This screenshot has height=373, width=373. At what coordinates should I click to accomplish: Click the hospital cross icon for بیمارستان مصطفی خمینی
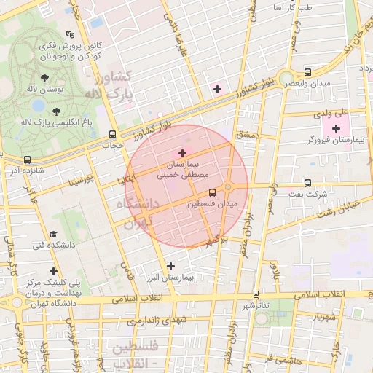tap(182, 153)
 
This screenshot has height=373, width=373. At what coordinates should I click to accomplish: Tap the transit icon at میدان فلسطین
tap(212, 193)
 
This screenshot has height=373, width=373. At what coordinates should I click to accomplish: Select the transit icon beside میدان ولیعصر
tap(307, 72)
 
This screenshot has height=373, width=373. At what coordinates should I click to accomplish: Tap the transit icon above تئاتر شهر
tap(256, 294)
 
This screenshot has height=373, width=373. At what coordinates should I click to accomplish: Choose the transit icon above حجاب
tap(111, 134)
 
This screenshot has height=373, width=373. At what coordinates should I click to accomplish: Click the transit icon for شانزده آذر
tap(27, 160)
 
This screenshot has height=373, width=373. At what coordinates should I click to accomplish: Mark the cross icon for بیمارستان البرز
tap(170, 266)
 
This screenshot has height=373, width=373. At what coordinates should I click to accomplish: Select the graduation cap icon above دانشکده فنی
tap(53, 232)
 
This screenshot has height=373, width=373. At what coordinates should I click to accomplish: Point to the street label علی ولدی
tap(331, 114)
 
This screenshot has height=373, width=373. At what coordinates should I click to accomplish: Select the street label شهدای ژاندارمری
tap(157, 321)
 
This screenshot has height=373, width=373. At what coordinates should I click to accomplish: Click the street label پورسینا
tap(79, 178)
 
